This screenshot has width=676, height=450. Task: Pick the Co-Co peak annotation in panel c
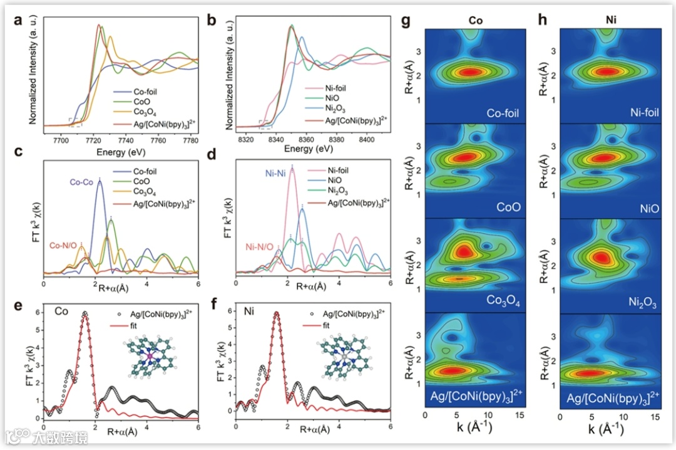tap(81, 182)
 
